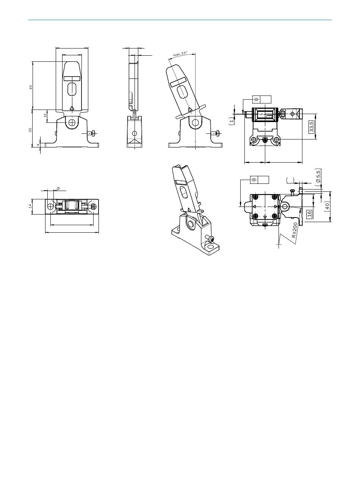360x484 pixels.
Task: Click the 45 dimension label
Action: [x=31, y=87]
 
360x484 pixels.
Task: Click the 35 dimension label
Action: [x=30, y=130]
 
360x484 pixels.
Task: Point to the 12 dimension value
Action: [x=45, y=115]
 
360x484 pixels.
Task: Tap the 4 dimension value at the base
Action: [x=38, y=145]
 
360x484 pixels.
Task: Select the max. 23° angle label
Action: [x=180, y=54]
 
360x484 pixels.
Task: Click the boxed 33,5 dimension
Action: [x=311, y=127]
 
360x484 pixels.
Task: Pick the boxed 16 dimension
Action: [x=309, y=214]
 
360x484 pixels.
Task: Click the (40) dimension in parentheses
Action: [x=327, y=207]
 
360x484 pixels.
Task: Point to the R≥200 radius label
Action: [x=294, y=230]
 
